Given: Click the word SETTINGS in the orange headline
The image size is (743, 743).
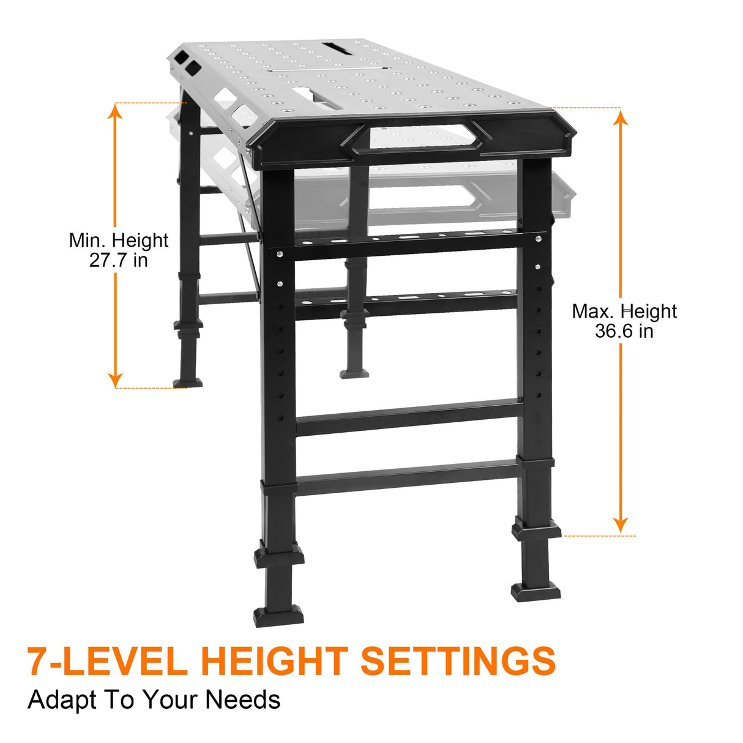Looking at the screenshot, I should [458, 662].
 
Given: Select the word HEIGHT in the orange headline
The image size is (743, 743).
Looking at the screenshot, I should [274, 662].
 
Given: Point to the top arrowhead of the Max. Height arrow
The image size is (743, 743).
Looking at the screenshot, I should [621, 116].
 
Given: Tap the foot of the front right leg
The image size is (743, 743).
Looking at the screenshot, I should [536, 591].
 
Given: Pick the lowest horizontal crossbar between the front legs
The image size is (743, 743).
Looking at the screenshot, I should [407, 477].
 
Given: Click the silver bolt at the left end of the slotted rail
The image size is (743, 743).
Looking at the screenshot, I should [279, 253].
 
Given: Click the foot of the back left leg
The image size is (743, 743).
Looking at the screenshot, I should [187, 382].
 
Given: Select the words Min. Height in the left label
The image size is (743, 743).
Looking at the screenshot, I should [118, 241].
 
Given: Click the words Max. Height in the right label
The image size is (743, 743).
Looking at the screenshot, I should [624, 312].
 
